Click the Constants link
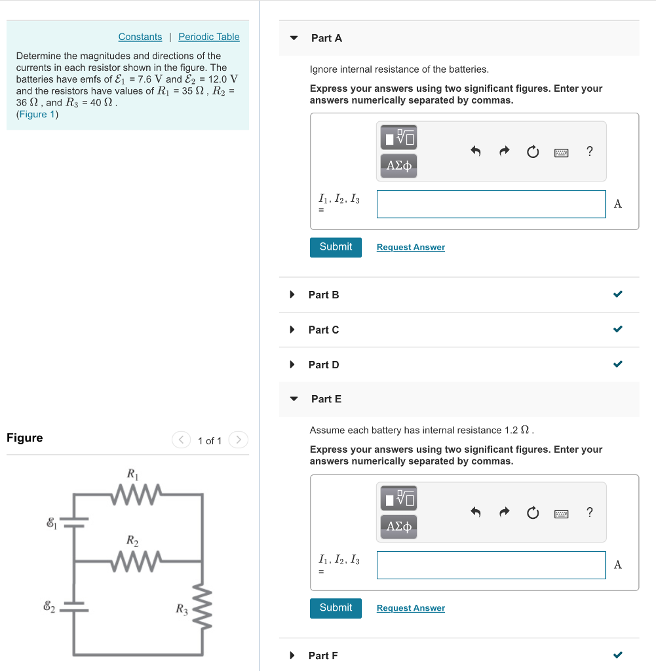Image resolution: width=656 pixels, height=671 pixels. click(140, 37)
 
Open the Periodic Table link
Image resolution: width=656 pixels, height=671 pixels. click(208, 37)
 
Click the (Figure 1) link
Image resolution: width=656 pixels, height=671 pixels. click(37, 115)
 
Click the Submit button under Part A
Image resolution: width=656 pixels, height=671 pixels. click(336, 247)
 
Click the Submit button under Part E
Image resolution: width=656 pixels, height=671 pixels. click(336, 608)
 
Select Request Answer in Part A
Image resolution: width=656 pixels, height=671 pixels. click(410, 247)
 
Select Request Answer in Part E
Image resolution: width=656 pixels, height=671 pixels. click(410, 608)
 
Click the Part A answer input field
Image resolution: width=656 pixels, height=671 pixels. click(491, 204)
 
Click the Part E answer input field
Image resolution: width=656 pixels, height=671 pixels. click(491, 565)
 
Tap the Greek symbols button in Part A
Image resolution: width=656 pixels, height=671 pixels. click(398, 165)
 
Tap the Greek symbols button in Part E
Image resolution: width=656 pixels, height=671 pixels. click(398, 526)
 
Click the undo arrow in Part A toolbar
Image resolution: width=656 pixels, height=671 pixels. click(476, 152)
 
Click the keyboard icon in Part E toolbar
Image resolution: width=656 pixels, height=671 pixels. click(561, 514)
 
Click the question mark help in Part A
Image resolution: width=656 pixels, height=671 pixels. click(589, 151)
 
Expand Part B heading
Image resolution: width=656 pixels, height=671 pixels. click(324, 295)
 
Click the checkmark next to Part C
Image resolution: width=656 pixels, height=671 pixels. click(617, 329)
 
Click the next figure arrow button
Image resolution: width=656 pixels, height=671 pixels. click(239, 440)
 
